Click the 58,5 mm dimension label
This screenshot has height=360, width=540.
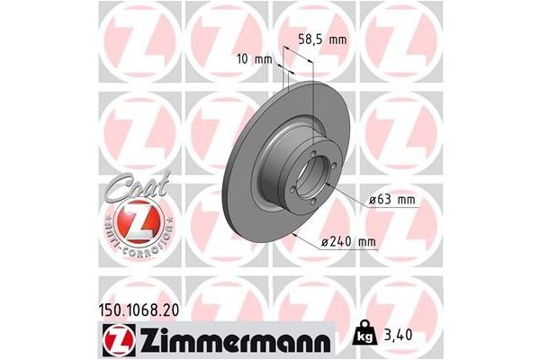[x=320, y=39]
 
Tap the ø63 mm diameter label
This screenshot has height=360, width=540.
[x=391, y=201]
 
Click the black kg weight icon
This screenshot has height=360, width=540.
[x=364, y=336]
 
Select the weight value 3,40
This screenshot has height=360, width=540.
[x=397, y=337]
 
